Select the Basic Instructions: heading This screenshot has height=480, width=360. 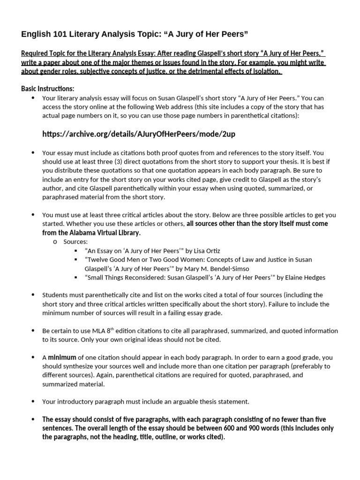pos(48,89)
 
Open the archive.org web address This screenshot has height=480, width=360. pos(139,134)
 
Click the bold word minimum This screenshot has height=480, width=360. pos(62,357)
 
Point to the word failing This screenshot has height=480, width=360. pos(197,313)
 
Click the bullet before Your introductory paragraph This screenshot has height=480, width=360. pos(33,401)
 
